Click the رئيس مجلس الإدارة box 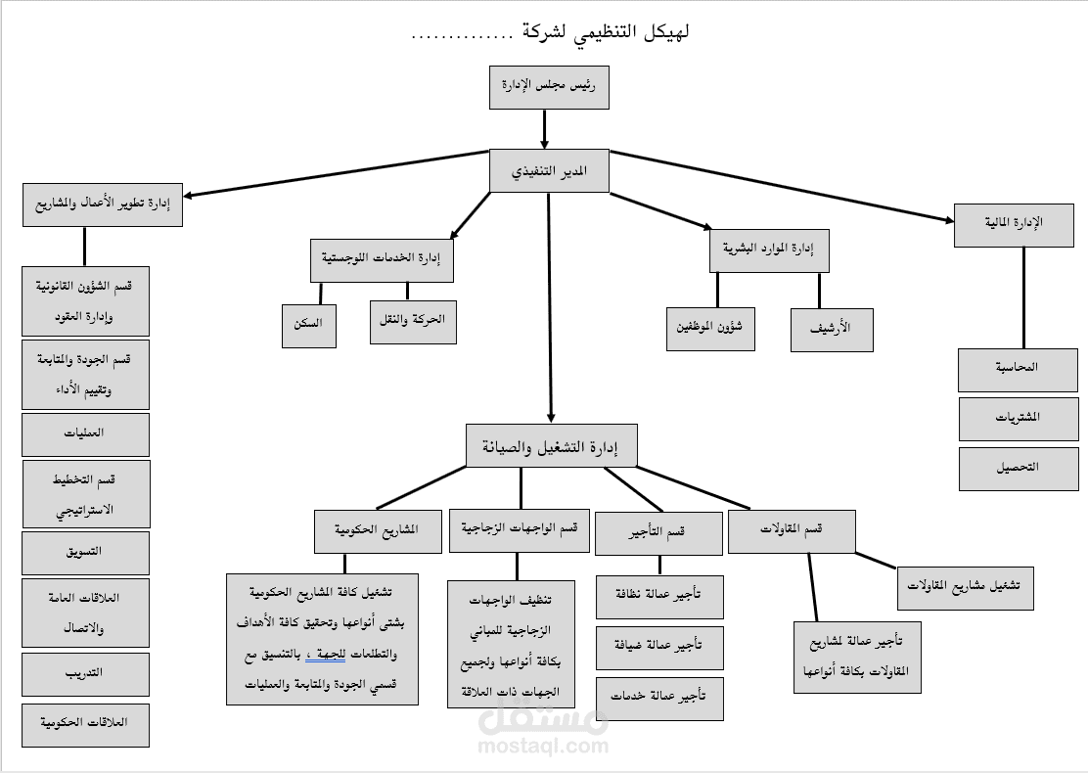[549, 86]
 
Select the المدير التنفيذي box [550, 170]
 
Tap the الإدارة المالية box [1014, 224]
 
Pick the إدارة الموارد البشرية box [769, 250]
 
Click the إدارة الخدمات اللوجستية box [382, 259]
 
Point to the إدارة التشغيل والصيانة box [552, 447]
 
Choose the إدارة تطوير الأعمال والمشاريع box [103, 205]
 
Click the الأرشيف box [832, 329]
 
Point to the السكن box [308, 322]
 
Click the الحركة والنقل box [413, 321]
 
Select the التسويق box [86, 552]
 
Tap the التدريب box [86, 674]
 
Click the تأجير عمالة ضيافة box [659, 646]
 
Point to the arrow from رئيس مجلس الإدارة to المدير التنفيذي [544, 128]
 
